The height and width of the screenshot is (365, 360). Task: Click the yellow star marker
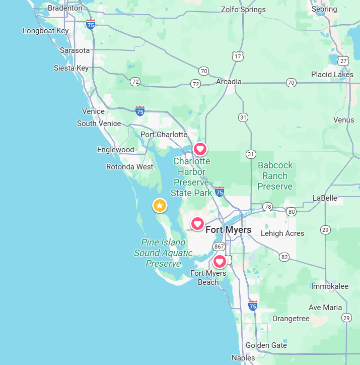pyautogui.click(x=160, y=205)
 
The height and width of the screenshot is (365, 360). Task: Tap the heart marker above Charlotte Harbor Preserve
pyautogui.click(x=200, y=149)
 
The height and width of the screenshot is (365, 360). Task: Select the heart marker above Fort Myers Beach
pyautogui.click(x=220, y=261)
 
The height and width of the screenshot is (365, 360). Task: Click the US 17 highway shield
pyautogui.click(x=237, y=56)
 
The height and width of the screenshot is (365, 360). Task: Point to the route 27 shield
pyautogui.click(x=343, y=60)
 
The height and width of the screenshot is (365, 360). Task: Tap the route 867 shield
pyautogui.click(x=219, y=247)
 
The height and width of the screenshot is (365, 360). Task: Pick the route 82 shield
pyautogui.click(x=285, y=257)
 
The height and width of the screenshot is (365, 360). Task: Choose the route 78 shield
pyautogui.click(x=267, y=207)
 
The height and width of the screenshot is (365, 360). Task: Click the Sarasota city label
pyautogui.click(x=75, y=50)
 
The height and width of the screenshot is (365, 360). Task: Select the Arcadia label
pyautogui.click(x=229, y=82)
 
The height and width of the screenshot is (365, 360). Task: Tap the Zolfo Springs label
pyautogui.click(x=243, y=10)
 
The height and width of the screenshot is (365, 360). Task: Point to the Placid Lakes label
pyautogui.click(x=332, y=75)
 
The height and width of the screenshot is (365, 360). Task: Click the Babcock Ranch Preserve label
pyautogui.click(x=275, y=176)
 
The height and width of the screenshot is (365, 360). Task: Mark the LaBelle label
pyautogui.click(x=325, y=198)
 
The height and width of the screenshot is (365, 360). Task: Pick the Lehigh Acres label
pyautogui.click(x=282, y=233)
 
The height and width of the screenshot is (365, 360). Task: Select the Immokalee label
pyautogui.click(x=329, y=286)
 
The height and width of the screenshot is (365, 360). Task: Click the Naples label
pyautogui.click(x=243, y=358)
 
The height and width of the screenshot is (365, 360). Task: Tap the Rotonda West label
pyautogui.click(x=130, y=167)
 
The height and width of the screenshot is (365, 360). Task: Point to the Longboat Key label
pyautogui.click(x=45, y=31)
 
